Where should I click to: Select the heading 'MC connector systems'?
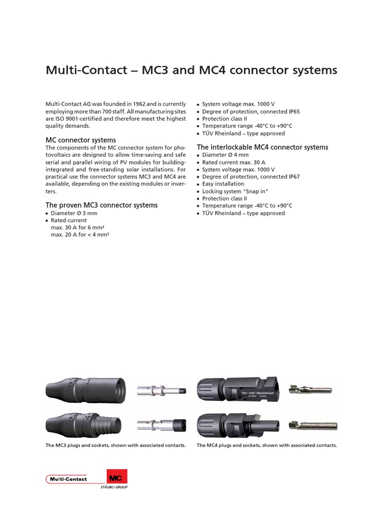coord(81,140)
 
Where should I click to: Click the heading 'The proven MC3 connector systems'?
coord(102,205)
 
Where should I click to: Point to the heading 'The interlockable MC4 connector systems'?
coord(262,147)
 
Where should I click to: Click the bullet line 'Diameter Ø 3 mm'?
coord(74,213)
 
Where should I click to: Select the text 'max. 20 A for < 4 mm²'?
coord(80,235)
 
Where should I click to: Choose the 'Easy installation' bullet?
coord(223,184)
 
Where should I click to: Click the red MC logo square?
coord(117,477)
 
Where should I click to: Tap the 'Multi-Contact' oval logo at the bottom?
coord(67,479)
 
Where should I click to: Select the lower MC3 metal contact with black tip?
coord(161,425)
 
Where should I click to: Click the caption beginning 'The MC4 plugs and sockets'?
coord(267,445)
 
